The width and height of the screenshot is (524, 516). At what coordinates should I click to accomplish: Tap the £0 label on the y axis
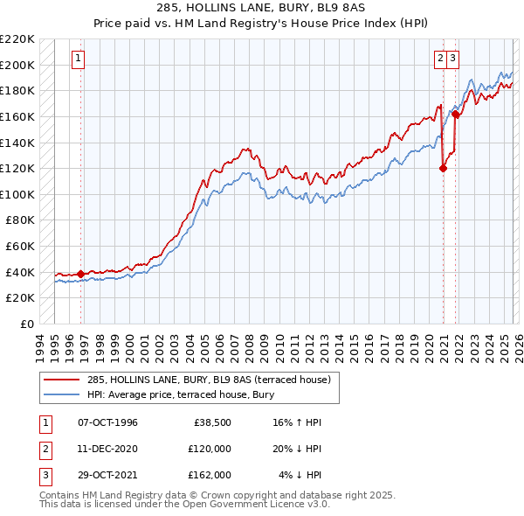coord(28,324)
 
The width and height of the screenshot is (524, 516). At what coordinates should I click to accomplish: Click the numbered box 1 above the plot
coord(79,59)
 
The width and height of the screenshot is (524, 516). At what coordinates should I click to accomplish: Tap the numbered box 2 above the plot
coord(440,59)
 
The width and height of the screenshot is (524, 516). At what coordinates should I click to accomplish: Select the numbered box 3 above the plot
coord(455,59)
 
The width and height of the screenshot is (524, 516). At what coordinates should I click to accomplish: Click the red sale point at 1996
coord(81,274)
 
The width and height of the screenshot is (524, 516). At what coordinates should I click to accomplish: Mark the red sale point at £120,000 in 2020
coord(443,169)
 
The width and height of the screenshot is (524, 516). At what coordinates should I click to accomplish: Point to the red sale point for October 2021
coord(456,114)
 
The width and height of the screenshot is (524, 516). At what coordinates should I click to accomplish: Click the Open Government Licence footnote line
coord(184,505)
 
